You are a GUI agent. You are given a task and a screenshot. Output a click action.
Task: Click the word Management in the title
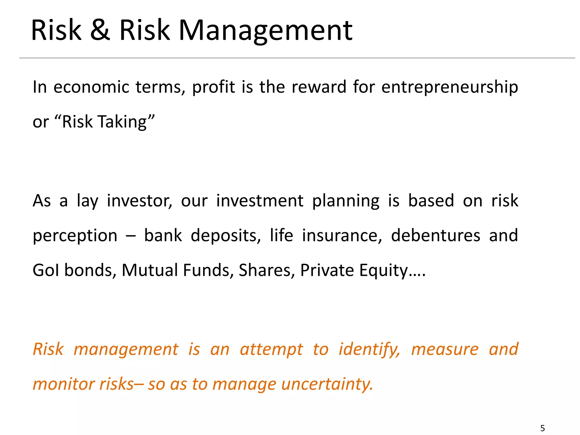[265, 30]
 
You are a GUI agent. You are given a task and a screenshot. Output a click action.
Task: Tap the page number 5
[542, 428]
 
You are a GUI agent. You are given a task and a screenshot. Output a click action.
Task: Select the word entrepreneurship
[450, 87]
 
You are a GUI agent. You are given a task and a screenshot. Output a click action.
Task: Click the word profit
[214, 87]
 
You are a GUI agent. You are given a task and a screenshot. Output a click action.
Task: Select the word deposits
[225, 236]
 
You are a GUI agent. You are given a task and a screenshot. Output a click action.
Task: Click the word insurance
[342, 236]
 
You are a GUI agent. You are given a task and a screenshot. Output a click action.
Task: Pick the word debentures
[436, 236]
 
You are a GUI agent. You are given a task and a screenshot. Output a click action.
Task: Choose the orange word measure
[445, 349]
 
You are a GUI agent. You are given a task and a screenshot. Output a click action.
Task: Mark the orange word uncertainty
[327, 385]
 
